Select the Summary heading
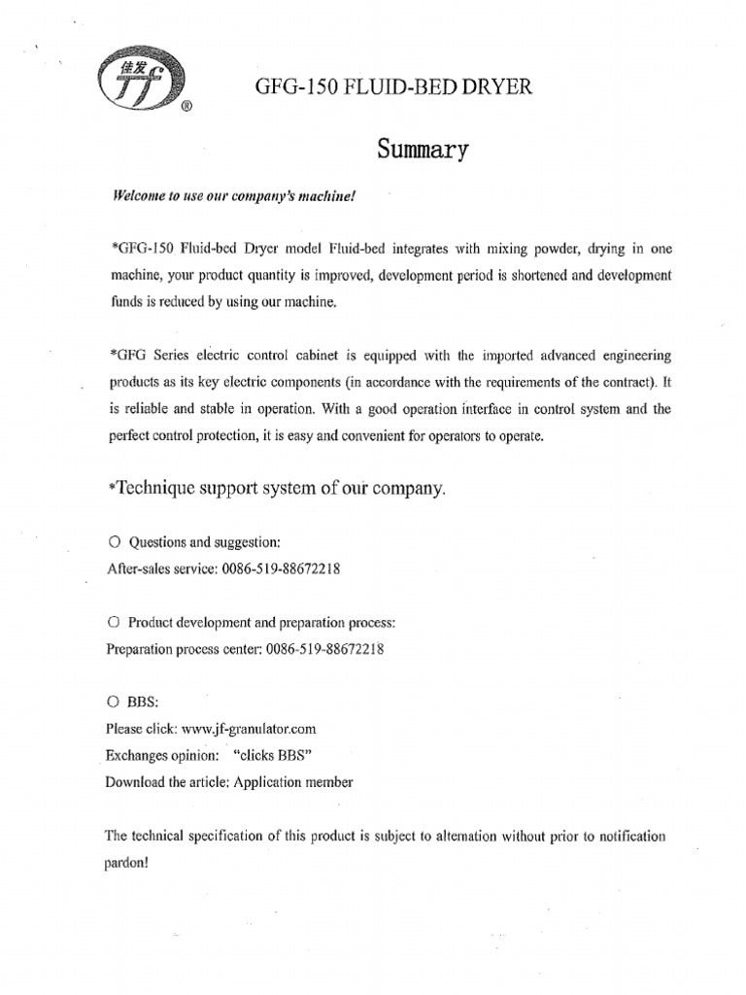pyautogui.click(x=422, y=151)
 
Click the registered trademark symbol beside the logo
pyautogui.click(x=185, y=109)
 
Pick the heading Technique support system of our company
pyautogui.click(x=277, y=489)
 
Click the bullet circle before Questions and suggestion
pyautogui.click(x=114, y=542)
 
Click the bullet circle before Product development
pyautogui.click(x=114, y=622)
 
